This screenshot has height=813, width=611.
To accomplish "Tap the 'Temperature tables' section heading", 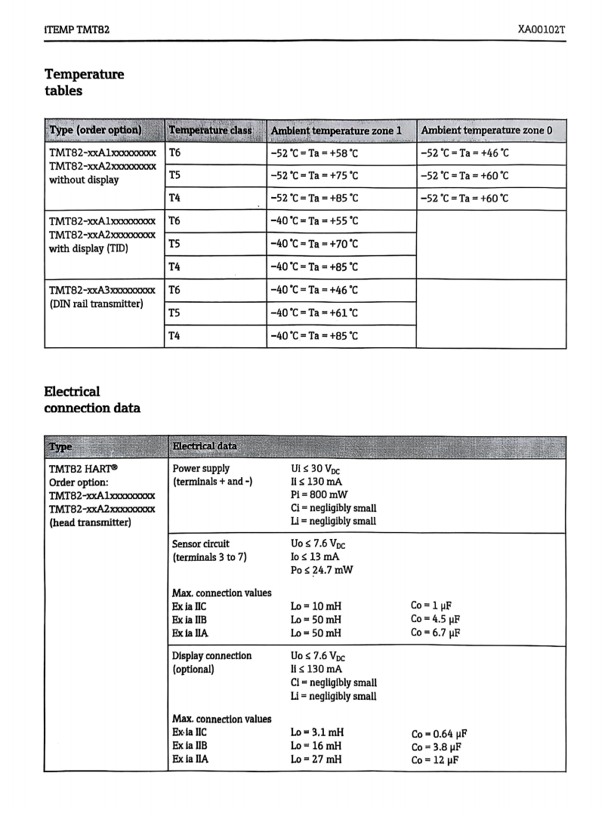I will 84,82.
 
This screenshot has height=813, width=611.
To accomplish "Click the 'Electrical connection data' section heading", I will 92,400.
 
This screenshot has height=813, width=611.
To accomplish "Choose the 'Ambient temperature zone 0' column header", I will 486,130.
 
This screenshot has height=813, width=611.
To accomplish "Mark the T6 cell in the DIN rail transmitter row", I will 175,290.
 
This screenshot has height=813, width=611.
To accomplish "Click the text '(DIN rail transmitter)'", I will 97,305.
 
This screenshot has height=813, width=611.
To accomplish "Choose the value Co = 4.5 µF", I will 436,619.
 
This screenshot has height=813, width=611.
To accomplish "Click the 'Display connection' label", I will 212,655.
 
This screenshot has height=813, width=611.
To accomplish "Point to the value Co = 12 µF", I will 434,759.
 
